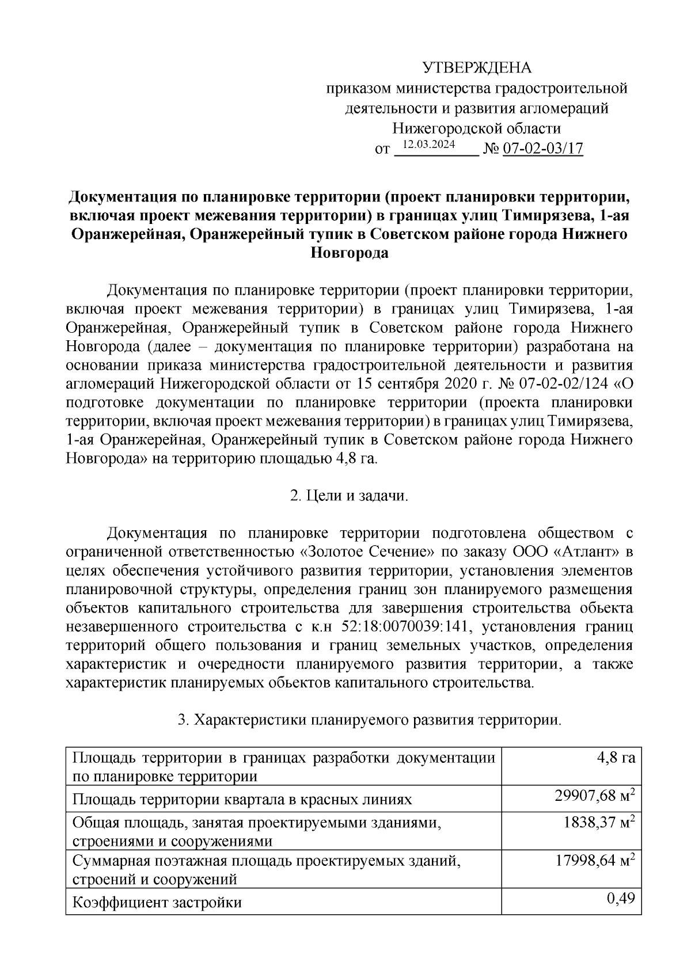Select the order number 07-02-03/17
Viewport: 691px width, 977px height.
pyautogui.click(x=543, y=149)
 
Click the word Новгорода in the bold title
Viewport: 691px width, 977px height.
pyautogui.click(x=349, y=253)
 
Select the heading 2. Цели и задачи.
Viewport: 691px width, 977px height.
pyautogui.click(x=349, y=496)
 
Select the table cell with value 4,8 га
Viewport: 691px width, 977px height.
pyautogui.click(x=616, y=758)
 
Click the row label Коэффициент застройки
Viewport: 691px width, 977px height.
pyautogui.click(x=157, y=902)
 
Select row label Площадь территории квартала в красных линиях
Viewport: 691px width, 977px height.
pyautogui.click(x=242, y=799)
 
